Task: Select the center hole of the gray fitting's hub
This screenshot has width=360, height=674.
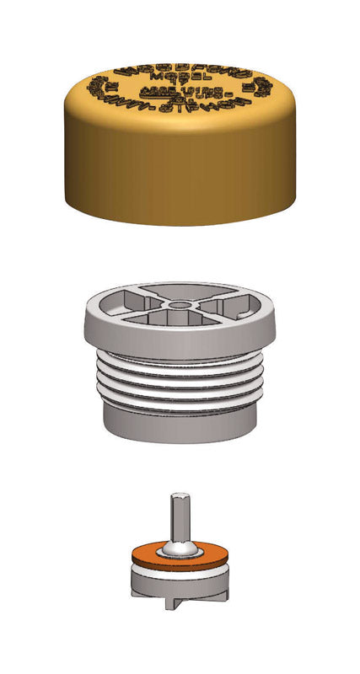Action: coord(179,304)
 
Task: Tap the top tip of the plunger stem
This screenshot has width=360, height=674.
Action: coord(180,496)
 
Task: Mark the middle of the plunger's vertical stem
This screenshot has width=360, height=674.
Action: coord(180,518)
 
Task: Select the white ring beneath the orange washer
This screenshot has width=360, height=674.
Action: coord(179,572)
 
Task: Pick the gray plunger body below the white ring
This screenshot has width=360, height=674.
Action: coord(179,587)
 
